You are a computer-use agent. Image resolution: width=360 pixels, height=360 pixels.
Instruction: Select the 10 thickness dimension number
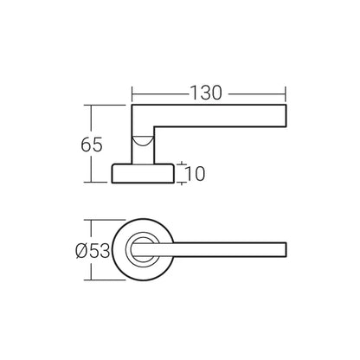tap(195, 174)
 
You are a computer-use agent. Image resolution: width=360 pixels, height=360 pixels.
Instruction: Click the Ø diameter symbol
tap(80, 251)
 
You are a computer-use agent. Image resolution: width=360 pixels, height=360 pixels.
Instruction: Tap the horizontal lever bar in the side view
tap(216, 114)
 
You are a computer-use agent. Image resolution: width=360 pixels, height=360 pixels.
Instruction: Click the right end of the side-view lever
tap(285, 114)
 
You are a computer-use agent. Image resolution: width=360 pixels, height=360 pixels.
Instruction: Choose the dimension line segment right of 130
tap(257, 90)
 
